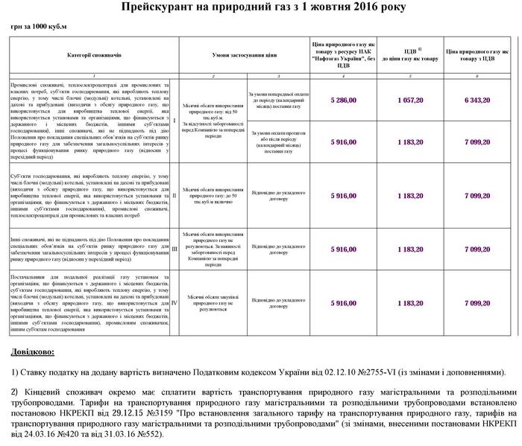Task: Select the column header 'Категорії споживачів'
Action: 93,56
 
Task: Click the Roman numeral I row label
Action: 174,120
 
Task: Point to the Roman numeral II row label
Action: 174,195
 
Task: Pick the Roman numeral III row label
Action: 174,249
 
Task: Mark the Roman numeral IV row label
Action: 174,303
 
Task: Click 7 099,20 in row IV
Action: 477,303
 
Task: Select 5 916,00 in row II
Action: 343,195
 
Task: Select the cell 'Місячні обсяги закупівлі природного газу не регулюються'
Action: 213,303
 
